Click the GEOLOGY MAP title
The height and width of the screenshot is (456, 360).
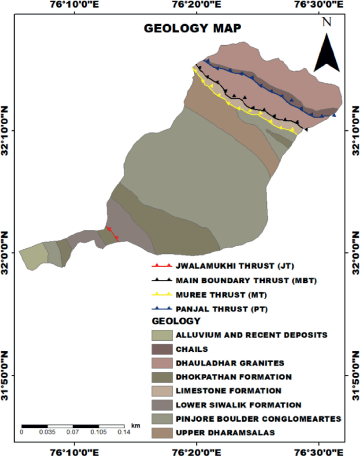click(x=193, y=28)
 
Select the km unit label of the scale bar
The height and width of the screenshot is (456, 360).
click(x=136, y=424)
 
